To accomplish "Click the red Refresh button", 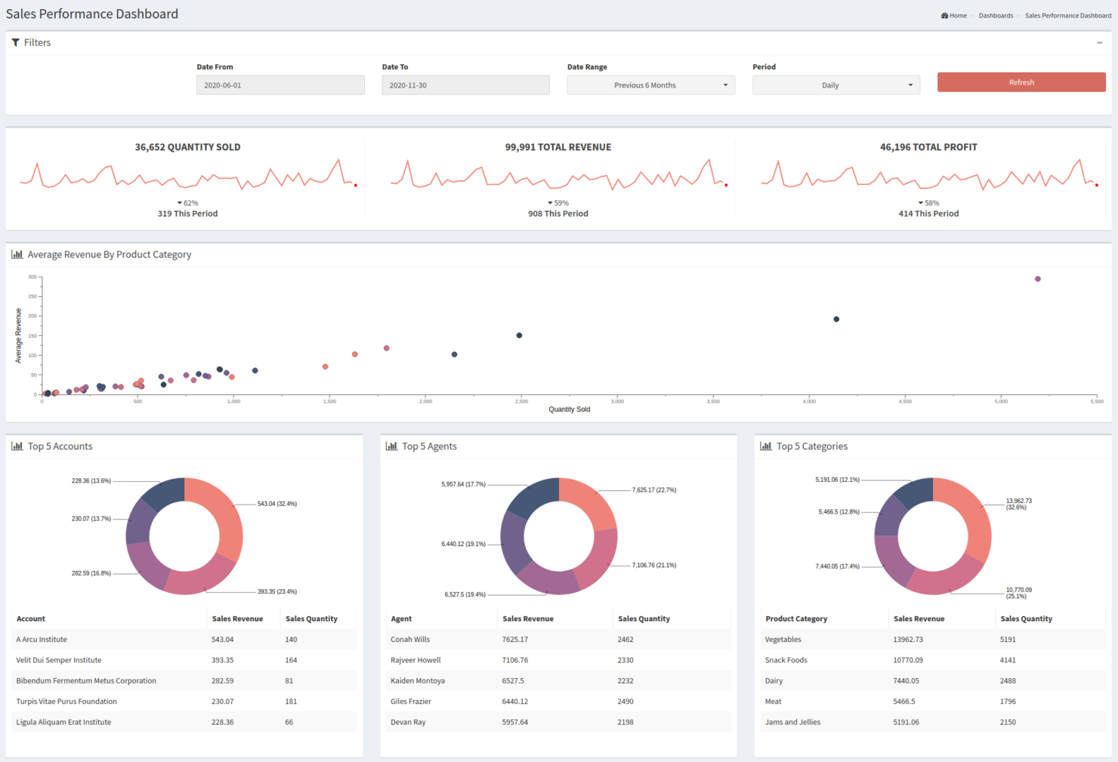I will (1021, 82).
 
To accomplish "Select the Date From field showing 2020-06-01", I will (280, 85).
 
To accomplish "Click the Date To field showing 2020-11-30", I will (465, 85).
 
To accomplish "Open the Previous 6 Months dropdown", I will (650, 85).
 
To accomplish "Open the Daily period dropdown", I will (835, 85).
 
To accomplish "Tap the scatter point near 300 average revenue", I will (1037, 279).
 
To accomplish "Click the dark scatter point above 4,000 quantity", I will (836, 319).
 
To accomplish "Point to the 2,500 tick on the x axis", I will (521, 402).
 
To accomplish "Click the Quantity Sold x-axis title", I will (569, 409).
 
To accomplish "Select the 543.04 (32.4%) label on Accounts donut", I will (276, 504).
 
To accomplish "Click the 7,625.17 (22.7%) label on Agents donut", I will (653, 490).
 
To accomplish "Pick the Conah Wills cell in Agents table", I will (410, 640).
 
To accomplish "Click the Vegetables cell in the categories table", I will (783, 640).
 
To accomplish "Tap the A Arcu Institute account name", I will (42, 640).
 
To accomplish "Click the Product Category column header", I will (796, 619).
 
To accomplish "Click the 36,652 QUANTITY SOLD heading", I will (187, 147).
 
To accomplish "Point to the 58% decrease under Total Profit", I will (928, 203).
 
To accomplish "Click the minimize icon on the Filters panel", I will (1099, 43).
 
